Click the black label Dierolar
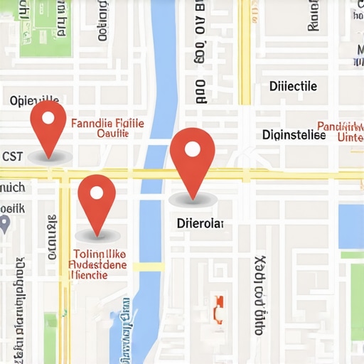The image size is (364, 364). pos(200,223)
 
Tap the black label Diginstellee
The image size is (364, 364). pos(294,134)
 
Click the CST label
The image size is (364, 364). pos(12,156)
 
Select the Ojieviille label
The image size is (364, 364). pos(35,100)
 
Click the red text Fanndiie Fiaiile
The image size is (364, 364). pos(107,123)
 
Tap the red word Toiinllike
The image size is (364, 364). pos(100,253)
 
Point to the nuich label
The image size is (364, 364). pos(12,188)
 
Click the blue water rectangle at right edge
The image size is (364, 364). pos(351,225)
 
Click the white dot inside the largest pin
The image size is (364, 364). pos(192,149)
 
